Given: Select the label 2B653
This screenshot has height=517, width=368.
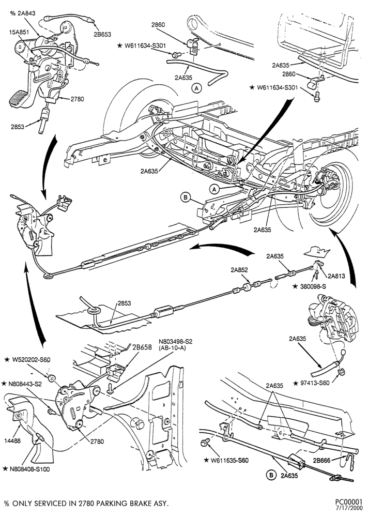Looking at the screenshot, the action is tap(102, 34).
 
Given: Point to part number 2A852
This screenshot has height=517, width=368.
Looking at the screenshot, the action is tap(239, 270).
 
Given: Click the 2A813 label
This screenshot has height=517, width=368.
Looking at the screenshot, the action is tap(336, 276).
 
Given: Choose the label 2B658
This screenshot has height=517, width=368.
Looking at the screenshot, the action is tap(142, 347).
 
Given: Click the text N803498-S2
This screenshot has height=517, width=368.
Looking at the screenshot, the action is tap(175, 342).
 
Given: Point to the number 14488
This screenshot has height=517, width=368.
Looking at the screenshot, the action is tap(12, 441).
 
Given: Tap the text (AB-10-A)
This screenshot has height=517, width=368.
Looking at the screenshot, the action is tap(172, 347).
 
